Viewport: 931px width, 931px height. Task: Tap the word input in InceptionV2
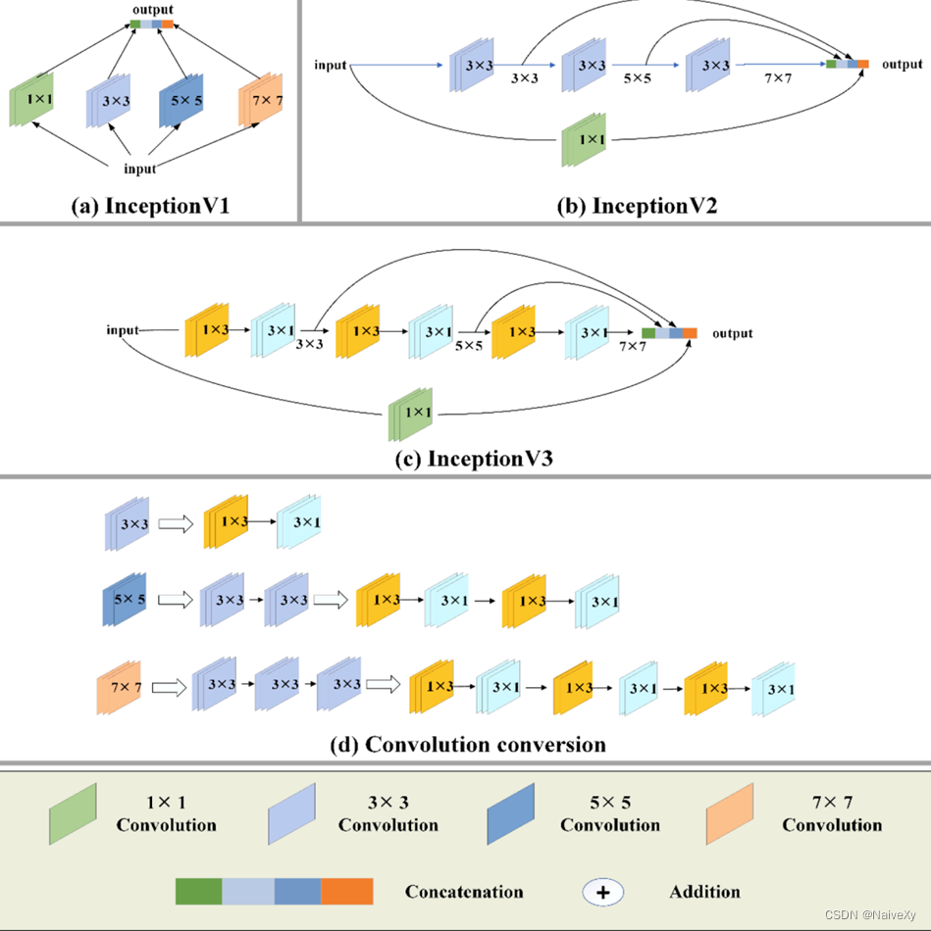(331, 66)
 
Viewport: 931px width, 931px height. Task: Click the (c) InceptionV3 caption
(464, 457)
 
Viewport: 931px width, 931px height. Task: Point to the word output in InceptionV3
(732, 333)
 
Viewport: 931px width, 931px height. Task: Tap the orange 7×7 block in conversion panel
(120, 688)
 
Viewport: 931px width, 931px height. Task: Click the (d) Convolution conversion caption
(467, 745)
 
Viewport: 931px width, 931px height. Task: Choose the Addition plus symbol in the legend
(604, 892)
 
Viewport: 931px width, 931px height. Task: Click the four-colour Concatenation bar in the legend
(275, 892)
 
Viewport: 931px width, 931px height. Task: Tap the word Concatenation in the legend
(464, 892)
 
